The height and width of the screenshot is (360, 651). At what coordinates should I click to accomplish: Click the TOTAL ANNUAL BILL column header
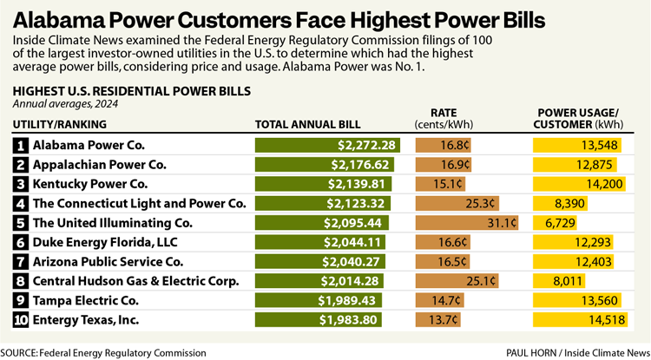tap(307, 125)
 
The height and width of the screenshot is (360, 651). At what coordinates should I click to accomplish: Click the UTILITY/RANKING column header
tap(60, 125)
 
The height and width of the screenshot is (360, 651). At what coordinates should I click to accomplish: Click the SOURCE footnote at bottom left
tap(104, 352)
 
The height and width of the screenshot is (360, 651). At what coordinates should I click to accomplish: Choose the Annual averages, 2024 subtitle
tap(65, 103)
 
